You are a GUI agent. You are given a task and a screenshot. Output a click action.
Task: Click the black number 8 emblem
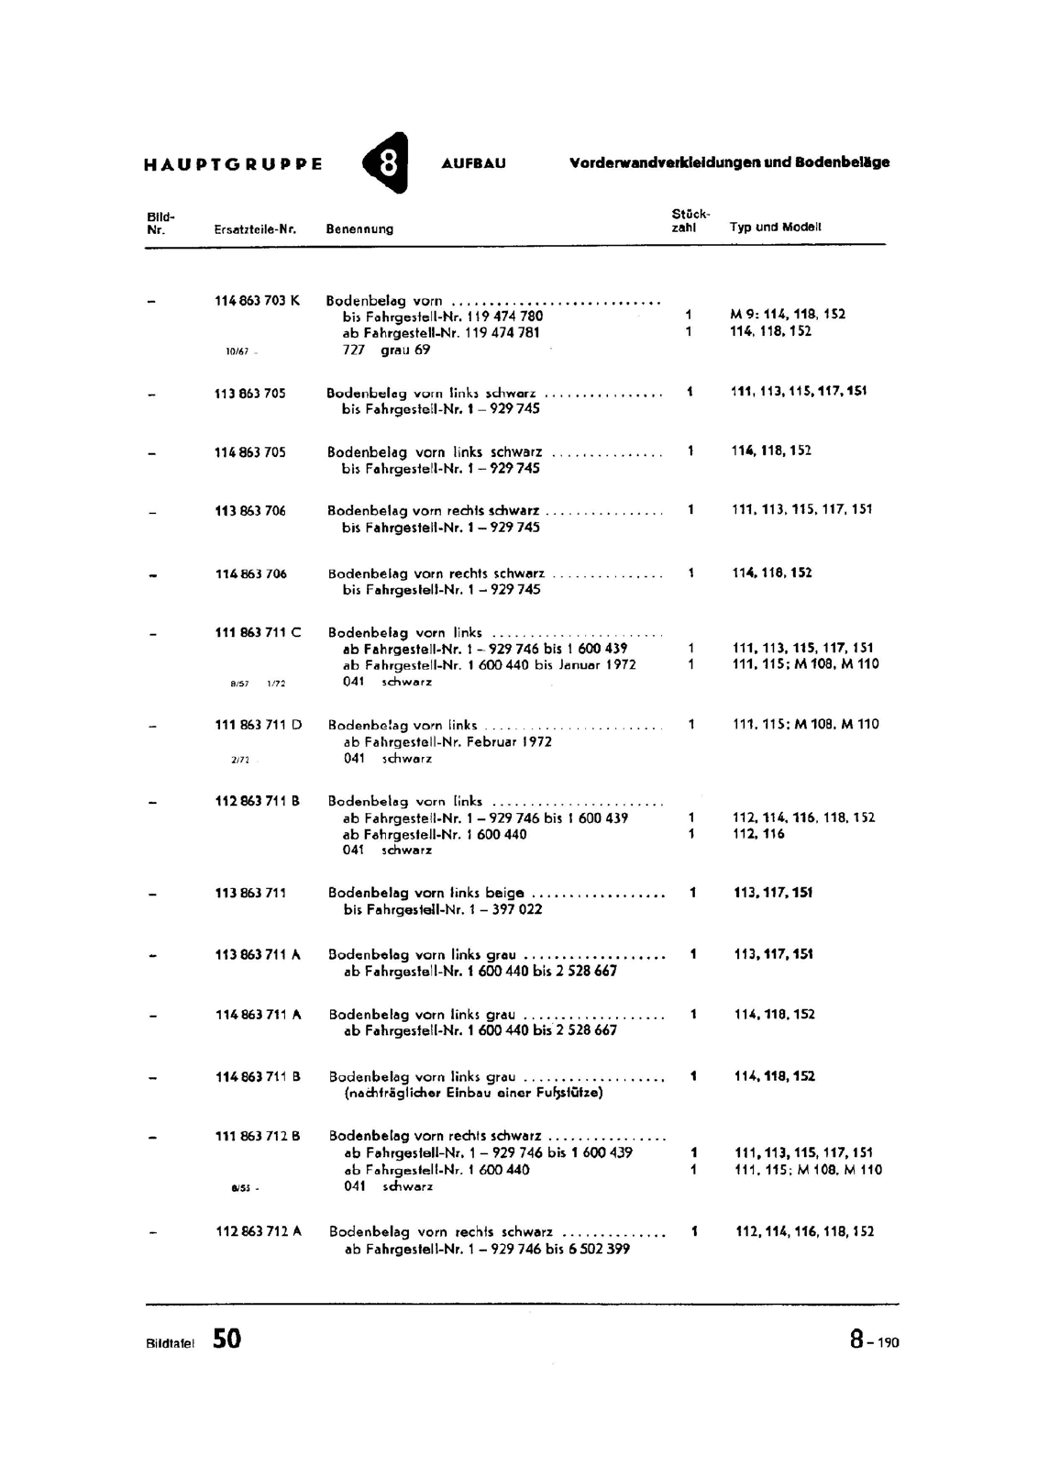pos(386,163)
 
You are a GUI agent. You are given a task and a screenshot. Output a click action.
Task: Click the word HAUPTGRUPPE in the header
pos(233,165)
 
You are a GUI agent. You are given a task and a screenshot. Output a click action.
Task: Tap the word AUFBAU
pos(473,164)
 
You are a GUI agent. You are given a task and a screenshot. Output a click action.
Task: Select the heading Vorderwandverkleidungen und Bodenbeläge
pos(729,162)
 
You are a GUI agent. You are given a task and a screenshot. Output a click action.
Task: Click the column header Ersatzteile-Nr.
pos(255,229)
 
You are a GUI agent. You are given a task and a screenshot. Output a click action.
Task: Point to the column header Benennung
pos(359,229)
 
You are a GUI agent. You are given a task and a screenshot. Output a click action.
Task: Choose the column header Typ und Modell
pos(775,227)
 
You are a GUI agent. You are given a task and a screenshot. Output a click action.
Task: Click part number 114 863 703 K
pos(257,300)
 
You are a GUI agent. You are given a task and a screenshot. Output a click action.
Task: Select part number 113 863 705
pos(249,393)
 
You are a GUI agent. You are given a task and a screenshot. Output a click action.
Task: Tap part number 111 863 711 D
pos(258,725)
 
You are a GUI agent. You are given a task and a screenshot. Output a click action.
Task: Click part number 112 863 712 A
pos(258,1231)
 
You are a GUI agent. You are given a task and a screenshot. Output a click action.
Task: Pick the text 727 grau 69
pos(386,350)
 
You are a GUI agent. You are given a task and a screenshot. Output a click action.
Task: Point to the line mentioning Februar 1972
pos(447,741)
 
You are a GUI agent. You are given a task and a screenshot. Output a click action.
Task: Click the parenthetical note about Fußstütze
pos(473,1093)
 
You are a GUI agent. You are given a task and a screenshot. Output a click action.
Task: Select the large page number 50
pos(227,1339)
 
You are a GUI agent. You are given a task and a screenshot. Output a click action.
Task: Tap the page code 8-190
pos(874,1340)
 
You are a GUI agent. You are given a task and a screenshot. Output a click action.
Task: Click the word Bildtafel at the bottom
pos(170,1343)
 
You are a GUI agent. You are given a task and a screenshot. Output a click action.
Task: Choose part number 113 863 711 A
pos(257,954)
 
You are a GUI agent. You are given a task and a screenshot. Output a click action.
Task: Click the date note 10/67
pos(237,351)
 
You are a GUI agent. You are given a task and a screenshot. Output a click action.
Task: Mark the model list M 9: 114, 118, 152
pos(787,314)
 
